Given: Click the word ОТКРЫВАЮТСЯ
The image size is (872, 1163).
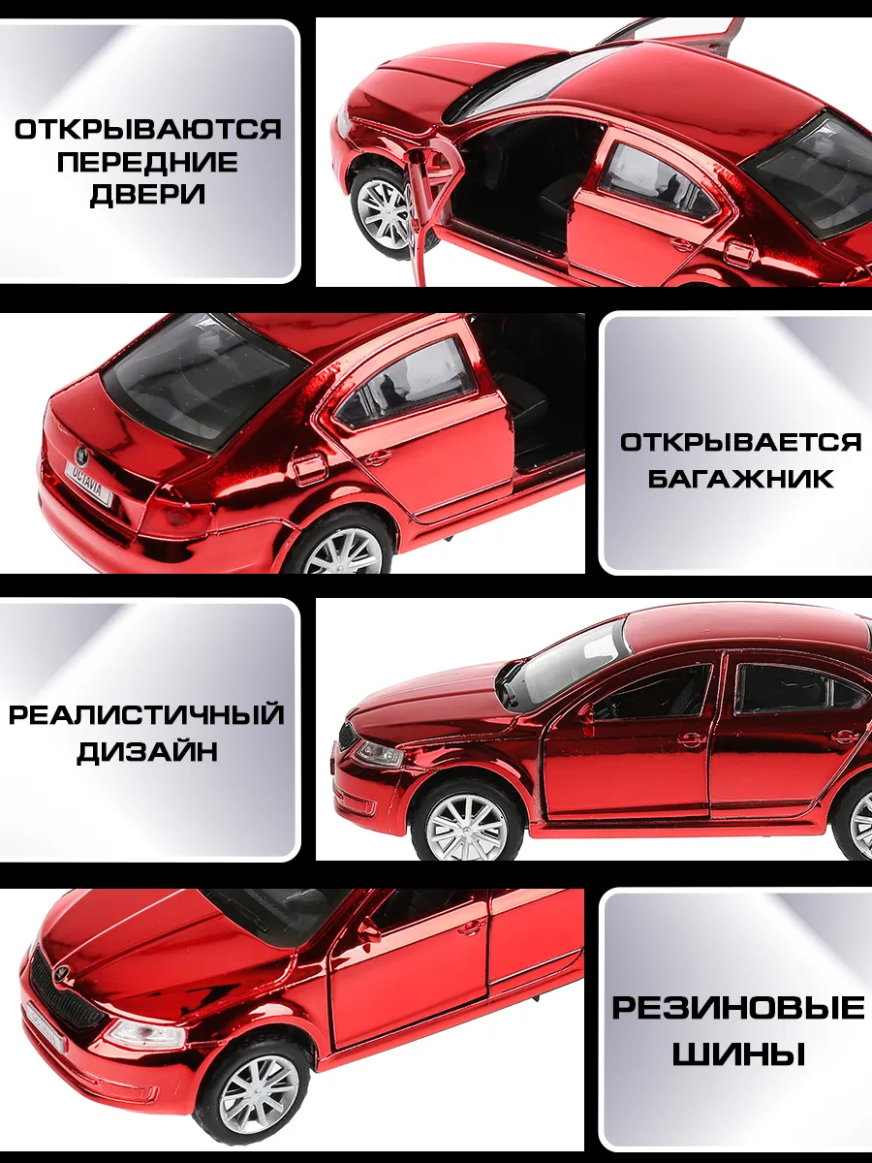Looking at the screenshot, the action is [x=148, y=130].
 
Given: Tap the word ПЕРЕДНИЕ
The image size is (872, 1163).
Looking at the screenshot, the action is [x=147, y=162].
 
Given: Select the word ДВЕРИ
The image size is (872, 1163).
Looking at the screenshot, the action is [x=147, y=195].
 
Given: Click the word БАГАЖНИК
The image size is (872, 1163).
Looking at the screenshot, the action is [x=740, y=479].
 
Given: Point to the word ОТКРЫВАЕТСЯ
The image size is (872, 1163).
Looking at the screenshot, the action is [x=741, y=442].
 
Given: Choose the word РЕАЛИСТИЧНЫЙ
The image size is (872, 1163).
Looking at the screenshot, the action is [x=146, y=714].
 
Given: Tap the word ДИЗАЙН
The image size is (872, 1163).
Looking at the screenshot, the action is [x=147, y=751].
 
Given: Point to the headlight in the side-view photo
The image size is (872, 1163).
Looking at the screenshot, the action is [x=379, y=753].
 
